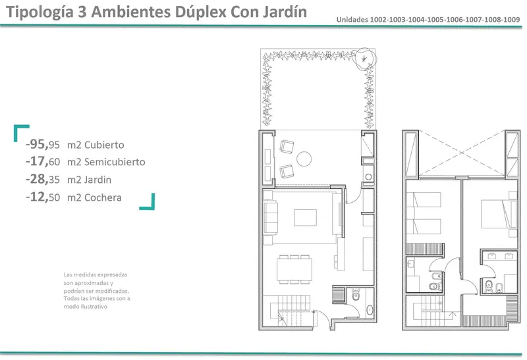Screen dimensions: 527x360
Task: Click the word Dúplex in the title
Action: (x=200, y=12)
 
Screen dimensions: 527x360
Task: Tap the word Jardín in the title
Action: (x=285, y=12)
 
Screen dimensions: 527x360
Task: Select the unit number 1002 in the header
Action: (x=378, y=20)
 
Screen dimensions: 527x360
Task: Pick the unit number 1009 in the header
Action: (x=512, y=20)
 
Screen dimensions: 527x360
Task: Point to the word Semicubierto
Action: (x=115, y=162)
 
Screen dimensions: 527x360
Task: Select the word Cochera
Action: (x=103, y=197)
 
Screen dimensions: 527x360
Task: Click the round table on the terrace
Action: (x=304, y=159)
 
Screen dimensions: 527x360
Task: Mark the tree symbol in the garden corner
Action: (x=366, y=59)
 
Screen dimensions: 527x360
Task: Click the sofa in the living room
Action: (x=271, y=217)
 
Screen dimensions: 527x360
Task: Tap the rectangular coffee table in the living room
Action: (x=305, y=218)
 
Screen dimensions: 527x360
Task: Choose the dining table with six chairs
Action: (x=294, y=269)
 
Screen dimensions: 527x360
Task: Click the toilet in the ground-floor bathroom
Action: (x=356, y=296)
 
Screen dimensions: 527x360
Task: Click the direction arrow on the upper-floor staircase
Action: (x=453, y=315)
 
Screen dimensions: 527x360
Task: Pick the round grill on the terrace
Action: (x=368, y=177)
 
